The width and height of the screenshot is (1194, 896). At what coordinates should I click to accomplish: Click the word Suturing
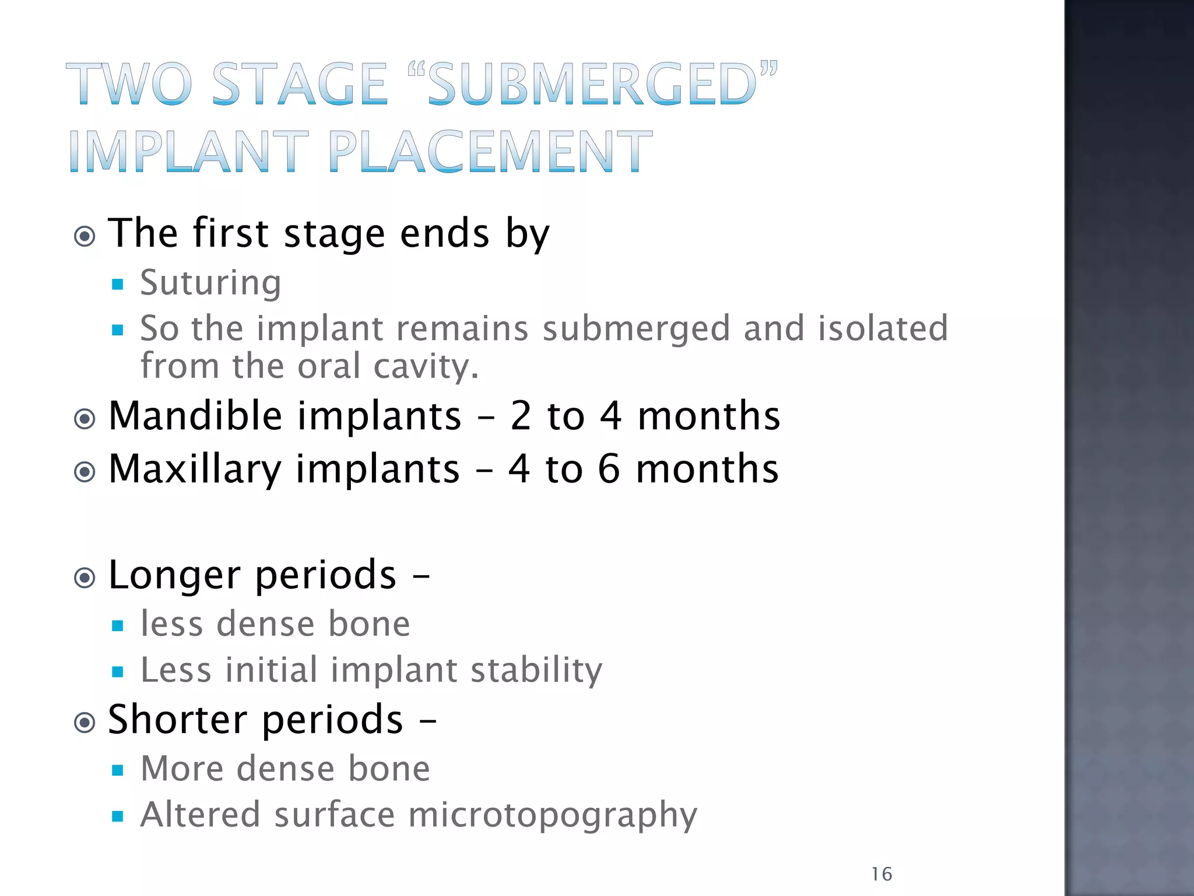click(x=210, y=283)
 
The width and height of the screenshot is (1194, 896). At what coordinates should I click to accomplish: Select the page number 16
click(x=882, y=874)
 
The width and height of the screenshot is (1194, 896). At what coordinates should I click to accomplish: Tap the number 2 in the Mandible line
click(x=521, y=416)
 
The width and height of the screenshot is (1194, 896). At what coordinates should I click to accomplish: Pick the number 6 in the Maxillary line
click(x=609, y=469)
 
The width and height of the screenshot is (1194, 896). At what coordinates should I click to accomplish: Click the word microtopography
click(x=552, y=815)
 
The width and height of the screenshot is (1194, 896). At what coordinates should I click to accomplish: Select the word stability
click(x=536, y=670)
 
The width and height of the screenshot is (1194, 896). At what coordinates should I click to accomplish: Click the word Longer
click(x=174, y=576)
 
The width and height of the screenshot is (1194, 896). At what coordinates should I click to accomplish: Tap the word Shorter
click(x=177, y=719)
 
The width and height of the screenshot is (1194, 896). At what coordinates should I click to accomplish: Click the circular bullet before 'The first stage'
click(x=85, y=237)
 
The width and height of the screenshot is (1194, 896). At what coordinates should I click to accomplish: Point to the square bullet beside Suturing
click(x=118, y=285)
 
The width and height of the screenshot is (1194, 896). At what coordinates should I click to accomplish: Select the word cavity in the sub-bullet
click(x=426, y=366)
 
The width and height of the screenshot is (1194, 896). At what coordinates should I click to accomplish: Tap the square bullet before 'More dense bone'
click(x=118, y=770)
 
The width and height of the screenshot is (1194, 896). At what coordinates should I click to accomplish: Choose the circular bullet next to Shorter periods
click(x=85, y=723)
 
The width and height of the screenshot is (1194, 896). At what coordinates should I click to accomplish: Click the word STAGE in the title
click(x=299, y=85)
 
